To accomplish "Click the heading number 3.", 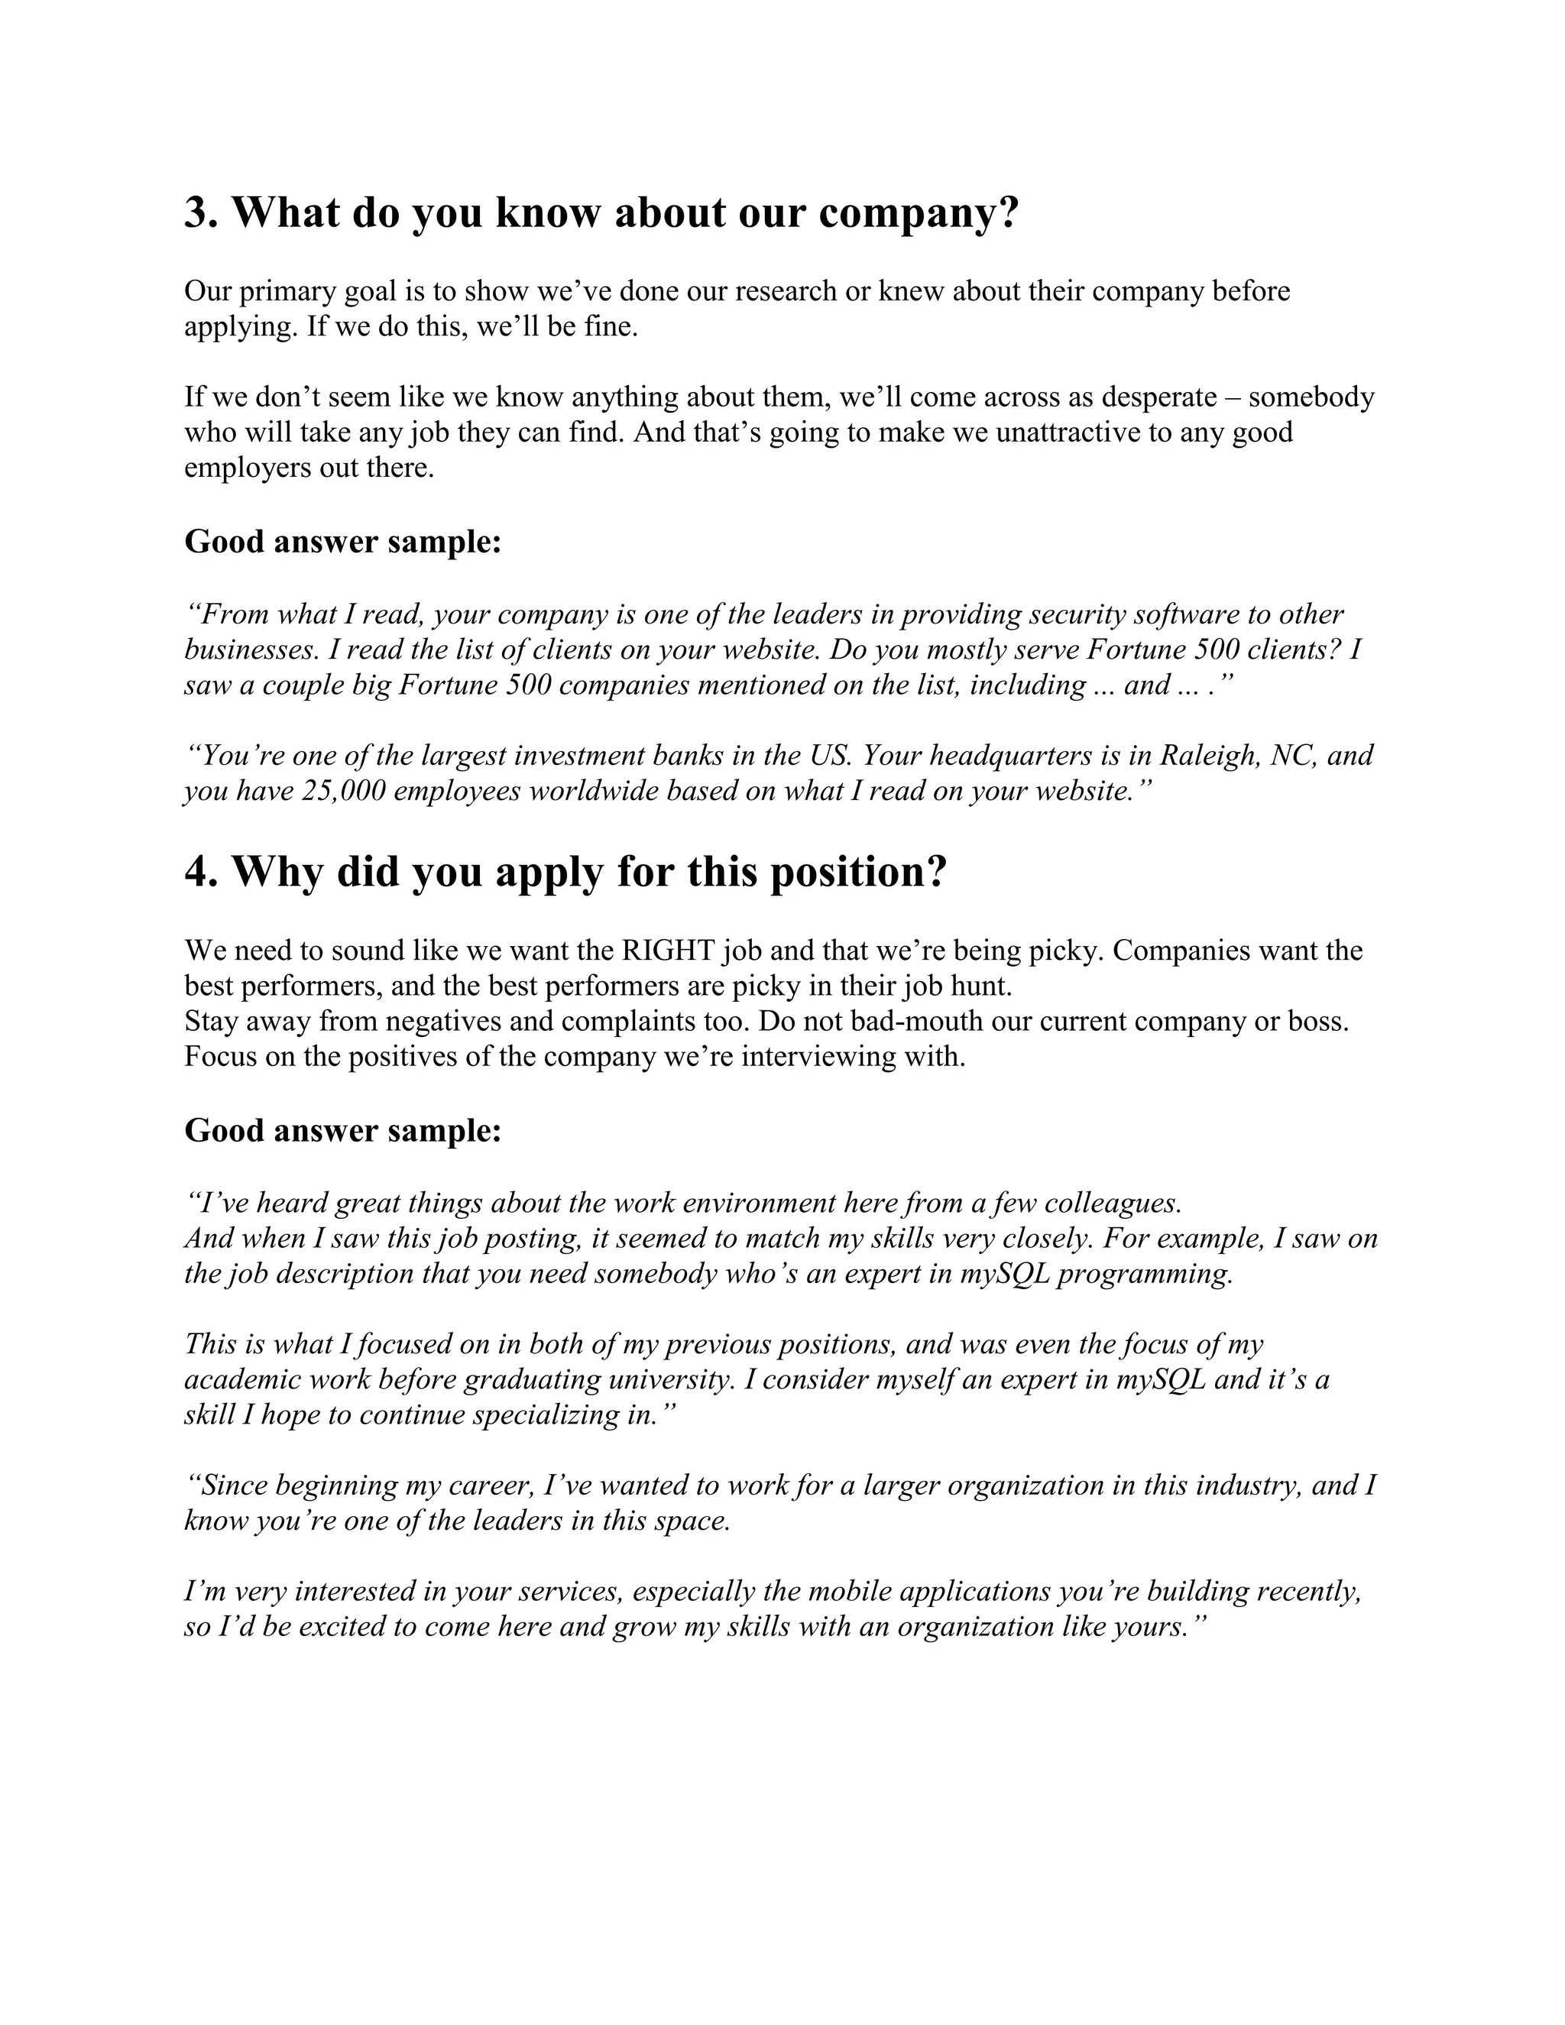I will pyautogui.click(x=199, y=213).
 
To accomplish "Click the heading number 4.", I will pyautogui.click(x=199, y=873).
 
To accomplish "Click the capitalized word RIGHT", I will pyautogui.click(x=669, y=951).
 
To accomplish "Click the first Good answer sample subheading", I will pyautogui.click(x=342, y=542).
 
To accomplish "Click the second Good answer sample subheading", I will pyautogui.click(x=342, y=1130).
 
